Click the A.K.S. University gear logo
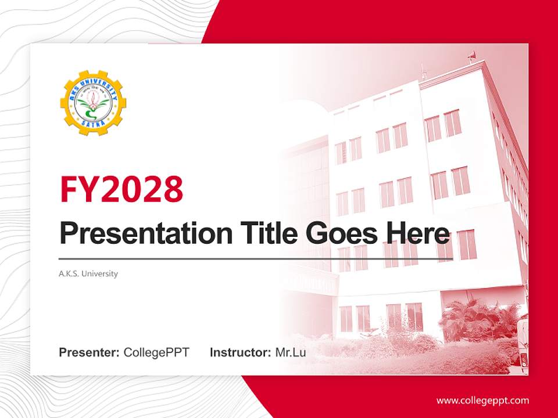(x=93, y=103)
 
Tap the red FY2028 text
(x=121, y=189)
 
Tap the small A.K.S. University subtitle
(x=88, y=273)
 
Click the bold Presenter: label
(x=90, y=352)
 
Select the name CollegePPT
(x=156, y=352)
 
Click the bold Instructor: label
(x=240, y=352)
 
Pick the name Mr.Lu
(x=291, y=352)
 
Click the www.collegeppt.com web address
(x=482, y=401)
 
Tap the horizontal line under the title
(x=256, y=259)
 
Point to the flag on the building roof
(x=471, y=55)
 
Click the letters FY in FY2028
(x=79, y=189)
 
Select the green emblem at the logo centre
(x=93, y=105)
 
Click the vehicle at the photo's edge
(x=523, y=343)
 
